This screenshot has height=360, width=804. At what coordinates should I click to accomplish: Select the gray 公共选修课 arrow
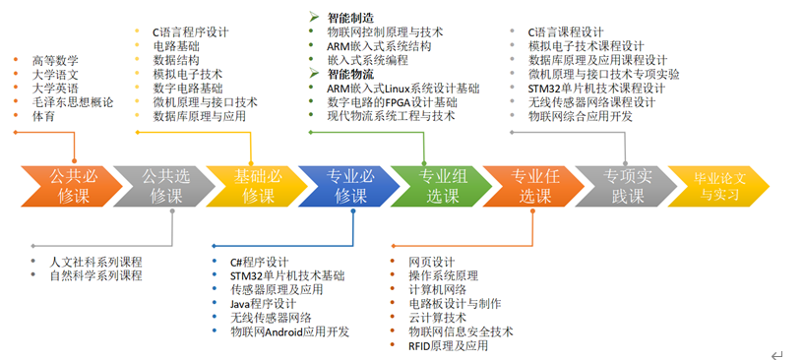(161, 186)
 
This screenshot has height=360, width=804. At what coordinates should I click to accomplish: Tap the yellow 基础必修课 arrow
(254, 186)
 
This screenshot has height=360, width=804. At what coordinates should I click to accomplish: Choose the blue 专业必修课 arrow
(346, 186)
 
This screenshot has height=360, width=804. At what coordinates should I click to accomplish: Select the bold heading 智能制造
(350, 18)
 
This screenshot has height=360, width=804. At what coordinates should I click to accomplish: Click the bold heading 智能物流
(350, 74)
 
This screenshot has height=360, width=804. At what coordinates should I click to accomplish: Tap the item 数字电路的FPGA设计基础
(392, 101)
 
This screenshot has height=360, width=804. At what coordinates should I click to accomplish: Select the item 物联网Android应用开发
(289, 331)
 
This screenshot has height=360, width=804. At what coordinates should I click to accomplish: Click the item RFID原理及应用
(448, 345)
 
